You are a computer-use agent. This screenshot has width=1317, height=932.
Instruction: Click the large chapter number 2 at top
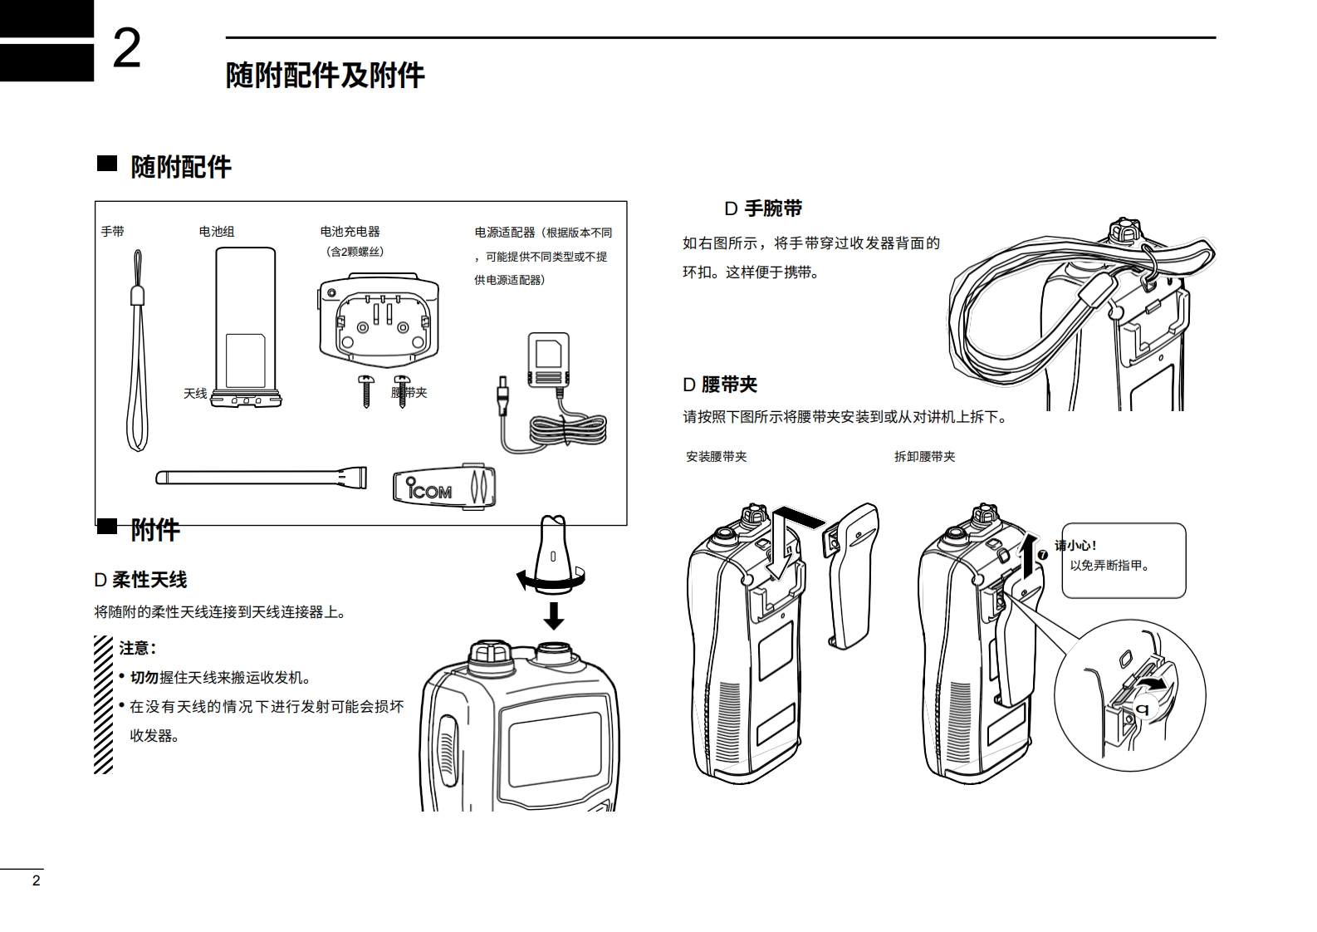click(x=126, y=50)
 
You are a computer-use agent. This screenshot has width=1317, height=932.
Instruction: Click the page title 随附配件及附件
click(x=325, y=76)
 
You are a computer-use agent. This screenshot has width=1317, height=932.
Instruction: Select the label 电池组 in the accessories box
click(x=217, y=232)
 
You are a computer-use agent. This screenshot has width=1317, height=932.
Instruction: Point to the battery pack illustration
click(x=245, y=324)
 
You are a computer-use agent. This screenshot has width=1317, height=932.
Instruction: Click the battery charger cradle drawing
click(x=379, y=320)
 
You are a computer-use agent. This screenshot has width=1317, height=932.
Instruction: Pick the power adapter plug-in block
click(x=549, y=360)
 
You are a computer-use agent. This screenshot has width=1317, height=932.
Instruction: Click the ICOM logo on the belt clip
click(x=430, y=488)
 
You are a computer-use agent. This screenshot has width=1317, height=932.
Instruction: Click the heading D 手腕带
click(x=763, y=208)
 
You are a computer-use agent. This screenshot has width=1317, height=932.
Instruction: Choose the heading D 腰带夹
click(x=720, y=385)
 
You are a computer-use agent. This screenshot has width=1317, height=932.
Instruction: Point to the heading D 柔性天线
click(x=140, y=580)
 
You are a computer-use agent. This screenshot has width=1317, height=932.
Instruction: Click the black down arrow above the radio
click(x=553, y=616)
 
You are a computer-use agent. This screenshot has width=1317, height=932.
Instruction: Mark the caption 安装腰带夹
click(x=716, y=457)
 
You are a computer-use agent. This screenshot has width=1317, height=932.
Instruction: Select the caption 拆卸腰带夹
click(x=924, y=457)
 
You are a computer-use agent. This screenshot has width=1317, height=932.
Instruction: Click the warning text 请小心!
click(x=1076, y=546)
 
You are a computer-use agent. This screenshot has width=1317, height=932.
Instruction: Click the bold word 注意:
click(x=138, y=648)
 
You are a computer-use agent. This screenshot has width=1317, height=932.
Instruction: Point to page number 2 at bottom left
click(x=36, y=881)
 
